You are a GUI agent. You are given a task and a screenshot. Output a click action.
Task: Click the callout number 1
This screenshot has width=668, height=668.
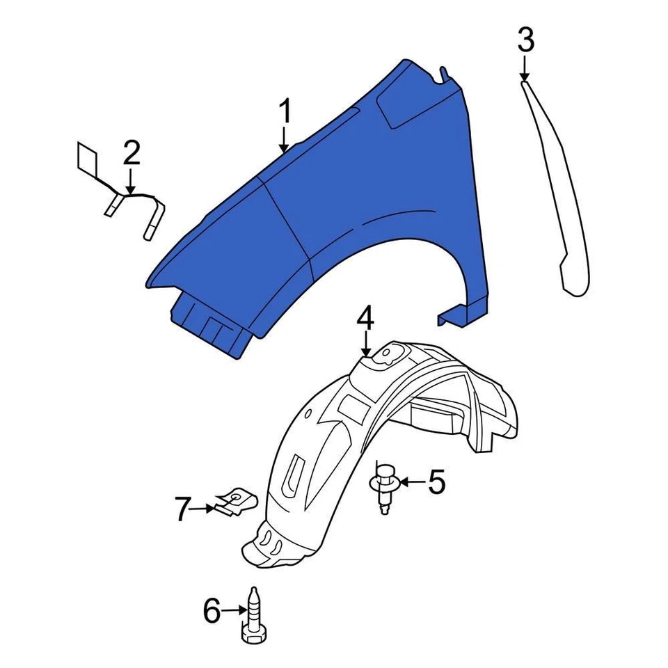coord(285,112)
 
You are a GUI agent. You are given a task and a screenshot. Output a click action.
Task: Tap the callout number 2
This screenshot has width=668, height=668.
coord(132,154)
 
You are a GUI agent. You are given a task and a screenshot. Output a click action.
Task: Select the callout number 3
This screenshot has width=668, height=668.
coord(526,40)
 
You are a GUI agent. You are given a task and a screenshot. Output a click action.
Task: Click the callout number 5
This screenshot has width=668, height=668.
coord(436,482)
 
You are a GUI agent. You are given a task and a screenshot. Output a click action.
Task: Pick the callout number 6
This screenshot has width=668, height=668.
coord(211,612)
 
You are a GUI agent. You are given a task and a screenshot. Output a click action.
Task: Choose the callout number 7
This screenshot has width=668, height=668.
coord(182,510)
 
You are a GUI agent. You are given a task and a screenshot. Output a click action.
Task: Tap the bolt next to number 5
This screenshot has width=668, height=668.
coord(382,486)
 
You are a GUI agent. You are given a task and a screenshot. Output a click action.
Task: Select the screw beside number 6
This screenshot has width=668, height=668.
coord(253,616)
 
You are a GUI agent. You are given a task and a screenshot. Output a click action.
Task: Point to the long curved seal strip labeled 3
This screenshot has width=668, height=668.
coord(561,195)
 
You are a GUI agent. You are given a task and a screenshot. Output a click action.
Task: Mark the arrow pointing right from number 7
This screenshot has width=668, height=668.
coord(204,509)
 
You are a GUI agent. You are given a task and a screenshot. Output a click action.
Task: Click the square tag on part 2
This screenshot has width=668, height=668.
coord(88,159)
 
